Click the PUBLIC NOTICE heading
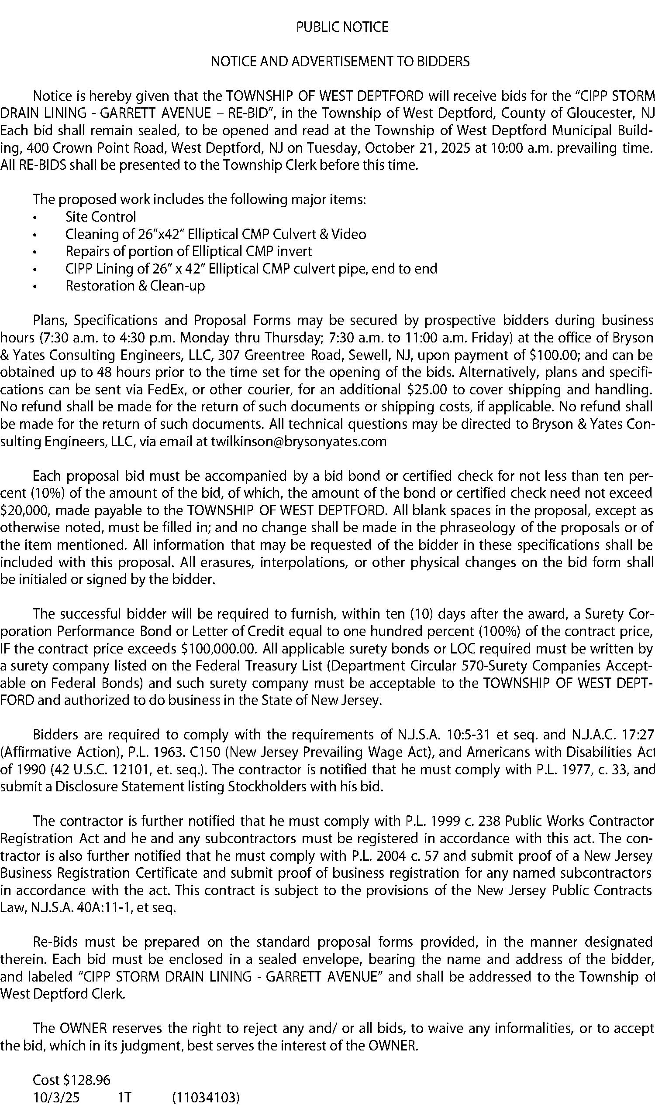(342, 27)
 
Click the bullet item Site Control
(100, 216)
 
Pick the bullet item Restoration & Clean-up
(135, 286)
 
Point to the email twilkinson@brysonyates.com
(299, 441)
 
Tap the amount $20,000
(25, 510)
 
